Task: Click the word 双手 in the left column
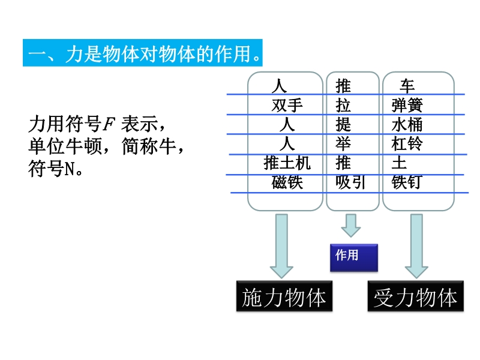click(287, 106)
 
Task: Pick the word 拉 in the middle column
click(343, 106)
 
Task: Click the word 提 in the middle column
click(343, 125)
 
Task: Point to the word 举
click(343, 144)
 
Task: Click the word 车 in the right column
click(407, 86)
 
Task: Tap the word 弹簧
click(407, 106)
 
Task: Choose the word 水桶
click(407, 125)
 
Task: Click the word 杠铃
click(407, 144)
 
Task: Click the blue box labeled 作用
click(354, 257)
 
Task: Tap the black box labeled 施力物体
click(284, 297)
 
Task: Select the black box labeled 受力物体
click(415, 297)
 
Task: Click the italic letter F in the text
click(109, 125)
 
